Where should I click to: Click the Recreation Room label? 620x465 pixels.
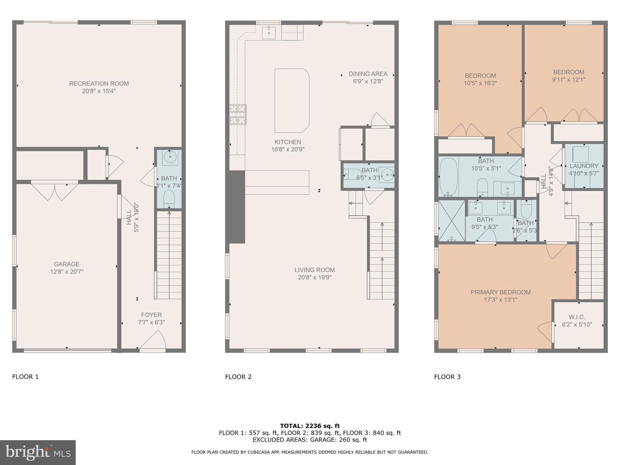[x=99, y=84]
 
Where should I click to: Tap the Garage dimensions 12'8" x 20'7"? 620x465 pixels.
[x=67, y=272]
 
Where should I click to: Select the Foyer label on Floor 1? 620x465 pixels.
[x=151, y=315]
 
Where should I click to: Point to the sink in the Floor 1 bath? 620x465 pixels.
[x=170, y=157]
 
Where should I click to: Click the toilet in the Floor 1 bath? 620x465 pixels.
[x=169, y=198]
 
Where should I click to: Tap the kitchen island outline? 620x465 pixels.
[x=292, y=101]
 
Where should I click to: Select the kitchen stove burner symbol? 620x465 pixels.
[x=238, y=114]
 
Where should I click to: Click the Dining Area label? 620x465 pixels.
[x=368, y=74]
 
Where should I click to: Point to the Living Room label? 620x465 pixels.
[x=315, y=270]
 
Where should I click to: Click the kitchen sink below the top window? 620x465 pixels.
[x=269, y=33]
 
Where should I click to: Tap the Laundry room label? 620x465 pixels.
[x=584, y=166]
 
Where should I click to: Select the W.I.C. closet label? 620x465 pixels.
[x=577, y=317]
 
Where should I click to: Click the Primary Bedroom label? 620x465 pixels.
[x=500, y=292]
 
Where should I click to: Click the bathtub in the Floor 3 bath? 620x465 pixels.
[x=448, y=177]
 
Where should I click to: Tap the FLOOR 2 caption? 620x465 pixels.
[x=238, y=377]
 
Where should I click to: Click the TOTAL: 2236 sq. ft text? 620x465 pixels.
[x=310, y=426]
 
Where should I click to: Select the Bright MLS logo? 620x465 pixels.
[x=38, y=452]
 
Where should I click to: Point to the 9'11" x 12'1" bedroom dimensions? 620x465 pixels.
[x=569, y=80]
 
